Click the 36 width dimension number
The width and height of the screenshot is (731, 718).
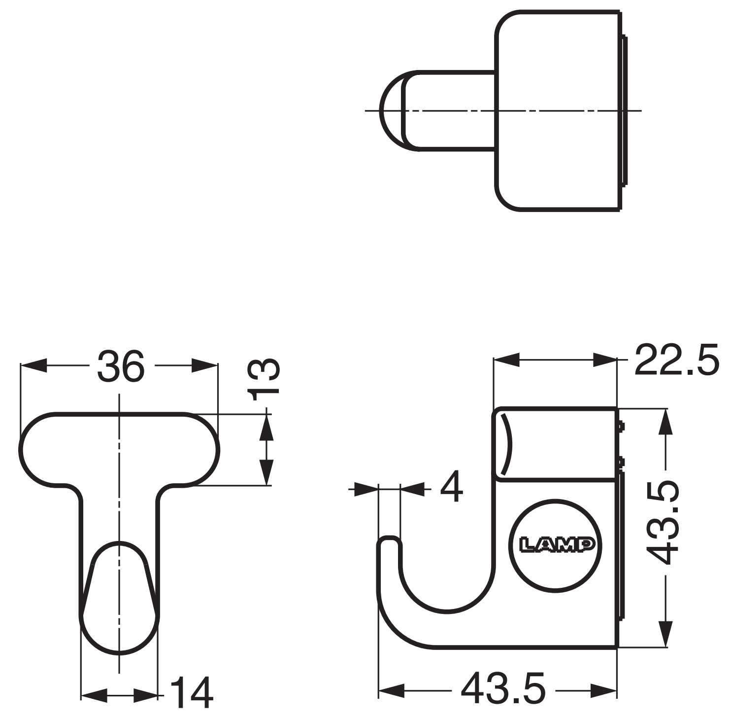[x=121, y=366]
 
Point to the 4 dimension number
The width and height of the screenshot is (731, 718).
[x=451, y=487]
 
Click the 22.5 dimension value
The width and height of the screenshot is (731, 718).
[x=676, y=360]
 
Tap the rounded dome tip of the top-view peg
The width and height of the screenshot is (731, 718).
[x=391, y=110]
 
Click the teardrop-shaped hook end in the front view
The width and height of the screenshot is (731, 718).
[x=119, y=597]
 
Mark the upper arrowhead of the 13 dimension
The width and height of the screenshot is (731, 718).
[x=266, y=425]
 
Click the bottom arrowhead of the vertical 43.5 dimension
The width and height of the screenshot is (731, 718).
[x=666, y=634]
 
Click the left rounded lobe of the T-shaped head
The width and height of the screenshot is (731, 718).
[x=47, y=449]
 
